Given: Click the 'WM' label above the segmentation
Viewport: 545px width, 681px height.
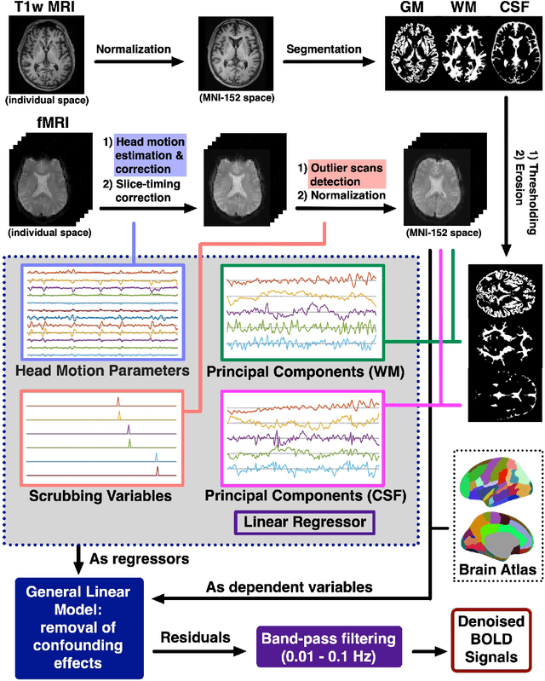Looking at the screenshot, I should (459, 9).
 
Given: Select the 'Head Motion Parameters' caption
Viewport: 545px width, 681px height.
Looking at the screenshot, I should (101, 371).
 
